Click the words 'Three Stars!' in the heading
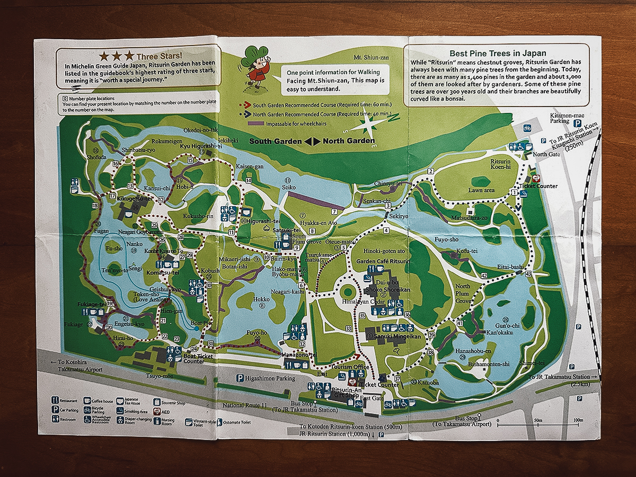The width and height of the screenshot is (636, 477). (x=159, y=56)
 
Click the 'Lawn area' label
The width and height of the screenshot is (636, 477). (x=481, y=190)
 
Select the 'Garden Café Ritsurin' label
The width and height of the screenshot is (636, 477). (x=383, y=262)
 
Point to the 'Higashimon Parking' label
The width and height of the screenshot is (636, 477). (x=269, y=378)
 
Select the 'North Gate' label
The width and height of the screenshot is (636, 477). (x=546, y=154)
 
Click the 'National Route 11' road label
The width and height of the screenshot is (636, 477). (x=244, y=405)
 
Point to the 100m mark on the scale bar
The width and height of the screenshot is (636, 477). (x=578, y=420)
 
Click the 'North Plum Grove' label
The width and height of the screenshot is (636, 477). (x=463, y=293)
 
